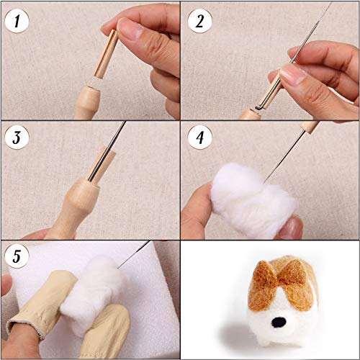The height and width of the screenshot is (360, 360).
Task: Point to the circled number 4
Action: tap(199, 138)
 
